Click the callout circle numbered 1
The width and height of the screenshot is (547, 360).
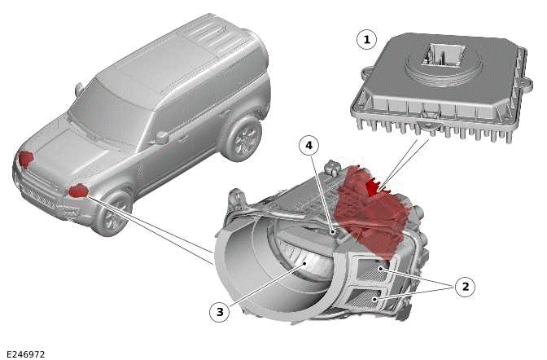pos(366,38)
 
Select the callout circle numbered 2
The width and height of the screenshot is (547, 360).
pos(465,286)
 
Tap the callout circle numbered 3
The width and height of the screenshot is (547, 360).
pos(217,310)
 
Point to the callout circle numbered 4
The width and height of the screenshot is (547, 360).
pos(308,146)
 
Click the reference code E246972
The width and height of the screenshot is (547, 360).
pos(24,354)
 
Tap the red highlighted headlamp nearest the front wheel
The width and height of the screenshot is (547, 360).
pos(78,191)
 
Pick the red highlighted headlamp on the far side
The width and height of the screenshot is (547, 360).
pos(26,158)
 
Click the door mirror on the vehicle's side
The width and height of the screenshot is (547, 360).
pos(161,137)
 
